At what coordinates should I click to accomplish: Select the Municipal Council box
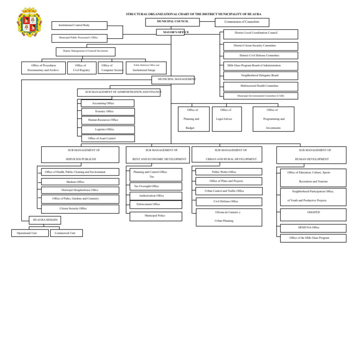[173, 22]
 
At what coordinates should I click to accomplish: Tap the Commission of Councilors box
[242, 22]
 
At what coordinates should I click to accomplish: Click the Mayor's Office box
[170, 32]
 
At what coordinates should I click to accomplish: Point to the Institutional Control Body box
[79, 25]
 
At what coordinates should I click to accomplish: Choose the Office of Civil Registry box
[82, 68]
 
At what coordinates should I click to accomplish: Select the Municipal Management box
[173, 80]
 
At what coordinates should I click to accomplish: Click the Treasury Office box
[108, 112]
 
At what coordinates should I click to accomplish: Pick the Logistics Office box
[108, 129]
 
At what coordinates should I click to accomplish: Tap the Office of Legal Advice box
[226, 119]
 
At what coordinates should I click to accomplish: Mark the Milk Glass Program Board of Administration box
[260, 66]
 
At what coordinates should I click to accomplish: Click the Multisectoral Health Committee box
[260, 86]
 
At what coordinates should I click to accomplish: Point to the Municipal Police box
[156, 216]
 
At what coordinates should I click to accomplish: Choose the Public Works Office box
[229, 172]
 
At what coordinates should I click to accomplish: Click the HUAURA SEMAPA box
[45, 220]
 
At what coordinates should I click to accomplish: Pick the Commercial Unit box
[66, 233]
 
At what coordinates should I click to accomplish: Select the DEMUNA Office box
[313, 228]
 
